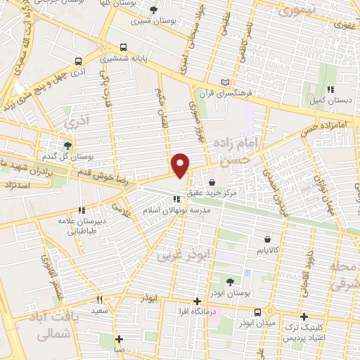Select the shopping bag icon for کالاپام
coord(247,238)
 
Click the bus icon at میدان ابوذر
coord(257,311)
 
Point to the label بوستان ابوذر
coord(229,292)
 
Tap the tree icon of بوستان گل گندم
coord(67,146)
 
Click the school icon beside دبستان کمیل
coord(330,89)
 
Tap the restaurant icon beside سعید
coord(99,299)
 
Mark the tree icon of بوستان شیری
coord(154,9)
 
